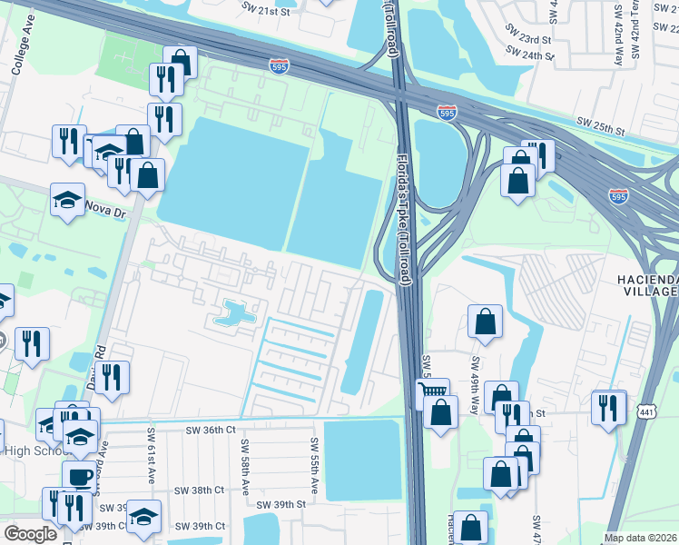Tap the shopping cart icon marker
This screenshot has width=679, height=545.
pyautogui.click(x=432, y=392)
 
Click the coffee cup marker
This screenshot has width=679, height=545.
pyautogui.click(x=79, y=476)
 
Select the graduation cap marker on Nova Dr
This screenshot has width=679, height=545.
pyautogui.click(x=67, y=198)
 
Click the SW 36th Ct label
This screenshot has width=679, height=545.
pyautogui.click(x=211, y=430)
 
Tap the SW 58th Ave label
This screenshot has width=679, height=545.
pyautogui.click(x=244, y=466)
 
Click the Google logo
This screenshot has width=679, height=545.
pyautogui.click(x=30, y=534)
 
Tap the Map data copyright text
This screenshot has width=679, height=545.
pyautogui.click(x=641, y=538)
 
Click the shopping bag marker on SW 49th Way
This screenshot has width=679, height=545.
pyautogui.click(x=485, y=321)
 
